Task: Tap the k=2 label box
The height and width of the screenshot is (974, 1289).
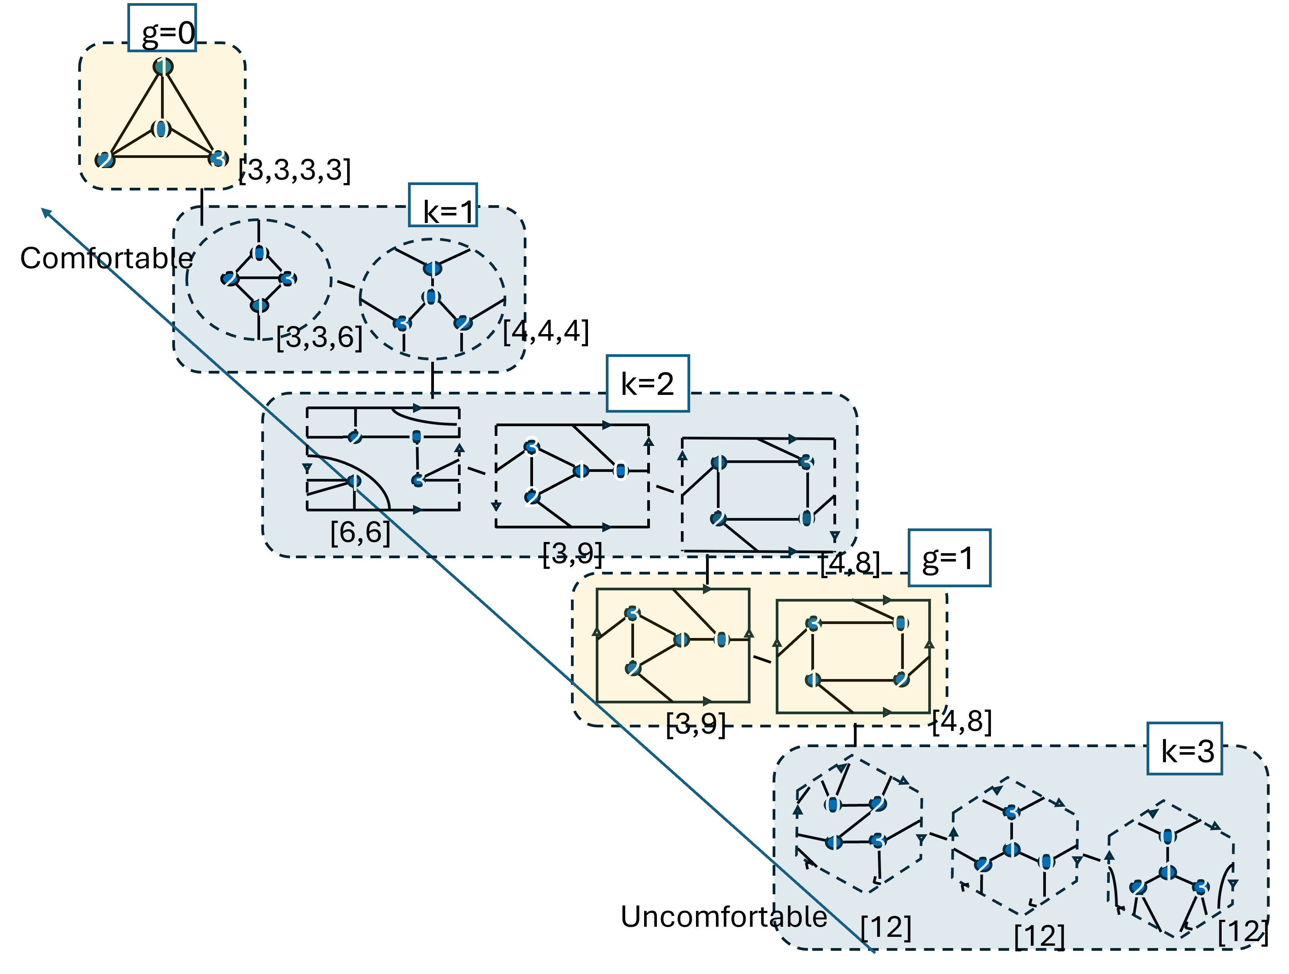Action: click(x=648, y=383)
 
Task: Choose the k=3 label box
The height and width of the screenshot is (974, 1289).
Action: click(x=1185, y=749)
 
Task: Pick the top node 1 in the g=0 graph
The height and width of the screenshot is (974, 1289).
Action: click(x=163, y=67)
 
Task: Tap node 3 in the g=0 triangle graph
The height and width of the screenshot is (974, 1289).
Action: click(x=218, y=159)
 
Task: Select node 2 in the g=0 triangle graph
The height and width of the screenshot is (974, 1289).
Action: click(x=105, y=159)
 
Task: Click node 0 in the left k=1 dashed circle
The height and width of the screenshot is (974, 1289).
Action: click(x=259, y=253)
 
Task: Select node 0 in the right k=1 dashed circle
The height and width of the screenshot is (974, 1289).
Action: click(x=431, y=297)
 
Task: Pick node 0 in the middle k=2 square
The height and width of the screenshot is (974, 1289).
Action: click(x=620, y=470)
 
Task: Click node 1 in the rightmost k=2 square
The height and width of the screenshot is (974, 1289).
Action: click(x=718, y=462)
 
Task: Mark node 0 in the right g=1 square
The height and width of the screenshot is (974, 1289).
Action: click(x=900, y=623)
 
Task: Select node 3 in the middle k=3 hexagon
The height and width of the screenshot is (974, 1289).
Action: click(x=1011, y=812)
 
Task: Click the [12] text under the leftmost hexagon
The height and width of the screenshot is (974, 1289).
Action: click(x=886, y=926)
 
